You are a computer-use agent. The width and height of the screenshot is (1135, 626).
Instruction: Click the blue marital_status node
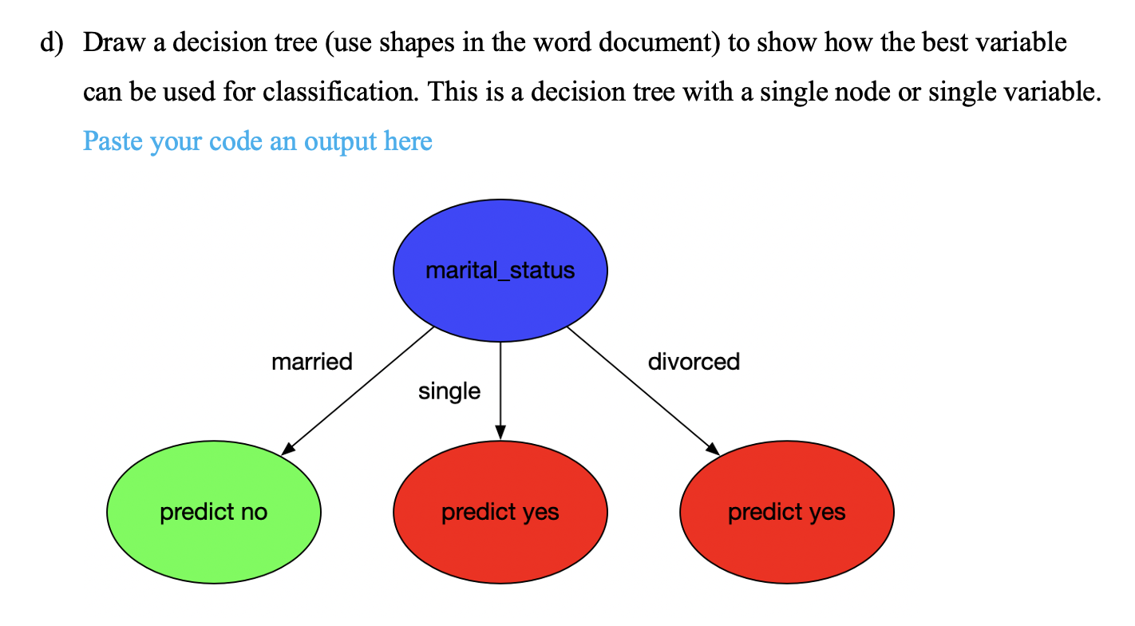[x=500, y=271]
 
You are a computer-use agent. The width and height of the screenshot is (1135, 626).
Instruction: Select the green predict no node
[x=214, y=511]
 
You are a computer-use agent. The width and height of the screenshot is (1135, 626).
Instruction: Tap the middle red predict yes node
[x=500, y=511]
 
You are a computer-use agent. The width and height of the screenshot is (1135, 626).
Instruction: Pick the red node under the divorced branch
[x=787, y=511]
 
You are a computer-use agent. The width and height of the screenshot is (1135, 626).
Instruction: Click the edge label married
[x=311, y=362]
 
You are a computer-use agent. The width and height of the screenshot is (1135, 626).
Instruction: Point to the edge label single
[x=449, y=391]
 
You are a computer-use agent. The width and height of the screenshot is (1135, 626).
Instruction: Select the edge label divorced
[x=694, y=362]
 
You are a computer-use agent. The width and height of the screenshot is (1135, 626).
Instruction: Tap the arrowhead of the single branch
[x=500, y=432]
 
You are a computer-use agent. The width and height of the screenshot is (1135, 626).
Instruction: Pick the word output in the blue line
[x=342, y=141]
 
